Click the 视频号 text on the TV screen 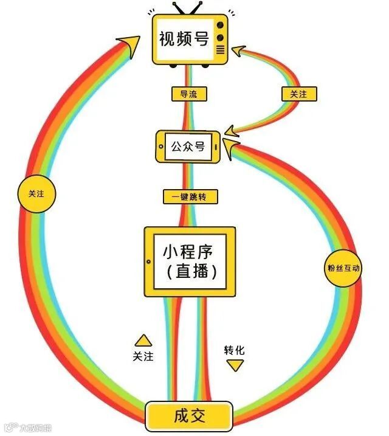pyautogui.click(x=184, y=40)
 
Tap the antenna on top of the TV pyautogui.click(x=188, y=9)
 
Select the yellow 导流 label pyautogui.click(x=189, y=94)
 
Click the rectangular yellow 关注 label pyautogui.click(x=298, y=94)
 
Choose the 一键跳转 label pyautogui.click(x=190, y=197)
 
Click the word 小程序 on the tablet pyautogui.click(x=190, y=251)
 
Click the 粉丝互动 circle pyautogui.click(x=343, y=268)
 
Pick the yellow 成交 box pyautogui.click(x=189, y=416)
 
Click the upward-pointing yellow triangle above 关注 pyautogui.click(x=143, y=340)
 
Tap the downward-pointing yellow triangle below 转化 pyautogui.click(x=235, y=365)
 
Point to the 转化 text pyautogui.click(x=235, y=351)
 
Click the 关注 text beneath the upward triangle pyautogui.click(x=143, y=356)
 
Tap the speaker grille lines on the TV pyautogui.click(x=220, y=49)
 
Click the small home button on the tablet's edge pyautogui.click(x=148, y=262)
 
